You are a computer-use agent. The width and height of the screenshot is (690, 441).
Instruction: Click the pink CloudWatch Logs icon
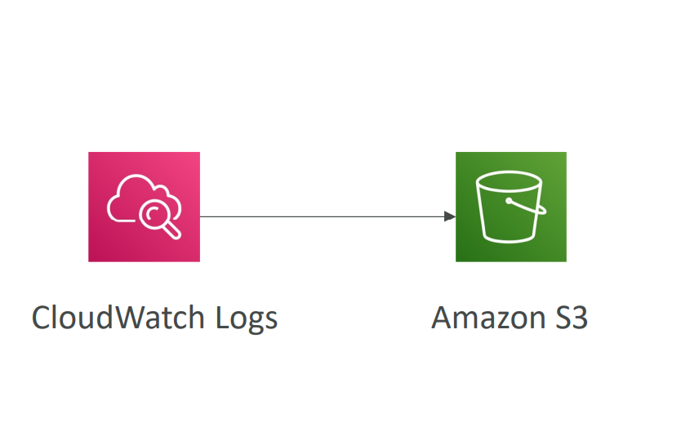click(x=144, y=207)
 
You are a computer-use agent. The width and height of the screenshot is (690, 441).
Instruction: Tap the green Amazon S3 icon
click(x=511, y=207)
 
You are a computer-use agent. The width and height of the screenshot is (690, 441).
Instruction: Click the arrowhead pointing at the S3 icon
click(x=450, y=216)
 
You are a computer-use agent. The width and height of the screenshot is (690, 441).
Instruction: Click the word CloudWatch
click(x=118, y=318)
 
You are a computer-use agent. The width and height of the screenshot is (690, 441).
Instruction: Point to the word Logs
click(x=247, y=318)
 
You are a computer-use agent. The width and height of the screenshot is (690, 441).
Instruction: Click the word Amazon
click(x=488, y=318)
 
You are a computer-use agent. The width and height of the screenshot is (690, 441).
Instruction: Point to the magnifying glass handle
click(x=171, y=231)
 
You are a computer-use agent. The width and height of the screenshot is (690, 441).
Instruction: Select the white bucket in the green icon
click(x=510, y=207)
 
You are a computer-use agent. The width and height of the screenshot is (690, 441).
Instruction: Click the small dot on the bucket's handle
click(x=509, y=201)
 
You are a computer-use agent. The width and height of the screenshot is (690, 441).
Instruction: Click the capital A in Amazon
click(x=443, y=318)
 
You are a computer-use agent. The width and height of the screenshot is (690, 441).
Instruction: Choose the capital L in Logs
click(x=223, y=318)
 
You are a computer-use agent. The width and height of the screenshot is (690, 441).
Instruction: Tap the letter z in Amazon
click(x=502, y=320)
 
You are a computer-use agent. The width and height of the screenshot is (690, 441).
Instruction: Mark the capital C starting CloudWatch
click(x=42, y=318)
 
